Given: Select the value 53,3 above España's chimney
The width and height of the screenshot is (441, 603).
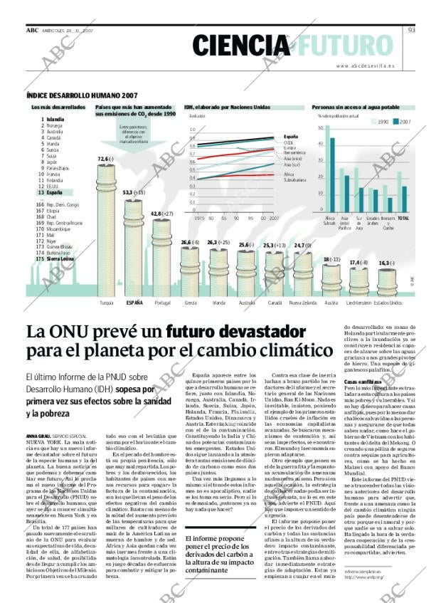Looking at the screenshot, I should [x=131, y=192].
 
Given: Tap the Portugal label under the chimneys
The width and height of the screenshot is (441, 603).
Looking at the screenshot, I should [x=162, y=303].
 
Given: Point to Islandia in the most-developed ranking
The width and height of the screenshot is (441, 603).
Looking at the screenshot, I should [x=55, y=120].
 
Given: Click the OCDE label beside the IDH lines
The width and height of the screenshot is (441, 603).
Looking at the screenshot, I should [x=288, y=142].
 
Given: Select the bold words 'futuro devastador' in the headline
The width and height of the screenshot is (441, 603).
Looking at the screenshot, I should [x=225, y=332].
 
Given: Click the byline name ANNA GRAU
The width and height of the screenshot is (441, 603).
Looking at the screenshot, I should [x=37, y=435].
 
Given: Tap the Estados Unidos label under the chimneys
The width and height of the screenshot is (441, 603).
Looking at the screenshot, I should [x=387, y=303].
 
